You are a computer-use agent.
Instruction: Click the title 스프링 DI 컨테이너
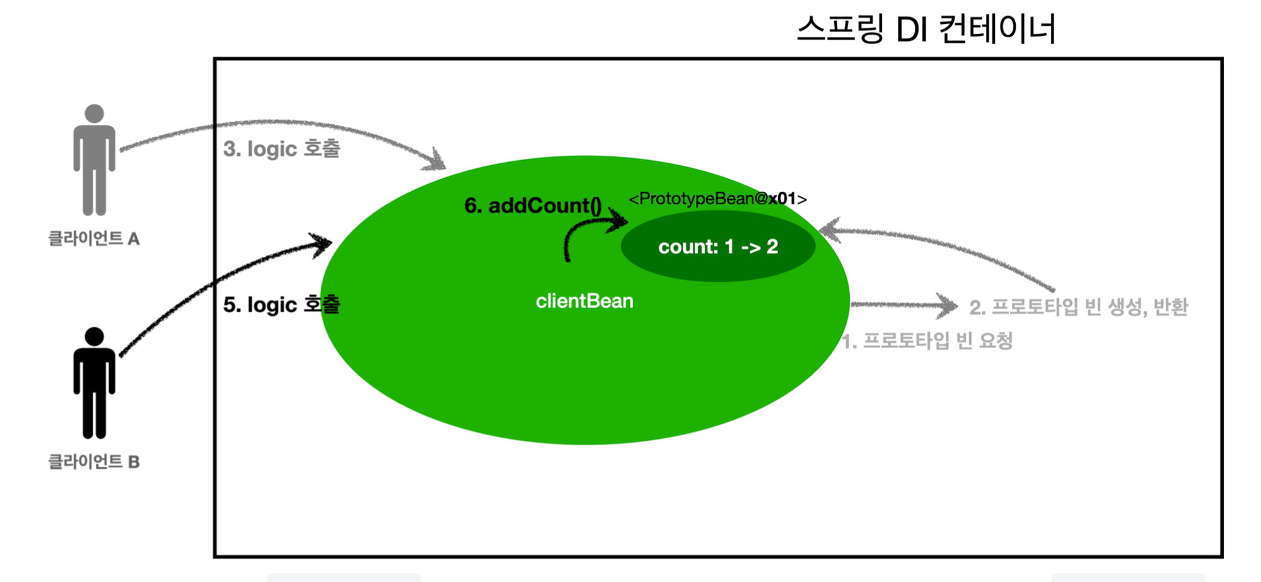click(x=926, y=29)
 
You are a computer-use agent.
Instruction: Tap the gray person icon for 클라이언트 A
click(x=94, y=161)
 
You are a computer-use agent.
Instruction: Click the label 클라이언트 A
click(x=94, y=239)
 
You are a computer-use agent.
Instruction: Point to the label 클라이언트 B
click(x=94, y=462)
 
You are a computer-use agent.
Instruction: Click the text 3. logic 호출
click(x=281, y=149)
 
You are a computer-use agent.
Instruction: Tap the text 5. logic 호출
click(x=281, y=305)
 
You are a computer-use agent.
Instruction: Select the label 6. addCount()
click(x=533, y=206)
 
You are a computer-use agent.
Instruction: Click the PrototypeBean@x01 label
click(x=718, y=199)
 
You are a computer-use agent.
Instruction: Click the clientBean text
click(x=584, y=301)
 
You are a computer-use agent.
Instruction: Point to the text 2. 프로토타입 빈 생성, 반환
click(x=1078, y=307)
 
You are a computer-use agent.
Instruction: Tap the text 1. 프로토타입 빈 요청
click(x=927, y=341)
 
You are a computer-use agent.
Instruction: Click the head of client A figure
click(x=94, y=113)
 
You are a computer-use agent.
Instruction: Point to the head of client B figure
click(x=94, y=336)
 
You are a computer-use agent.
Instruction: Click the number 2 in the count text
click(x=772, y=247)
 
